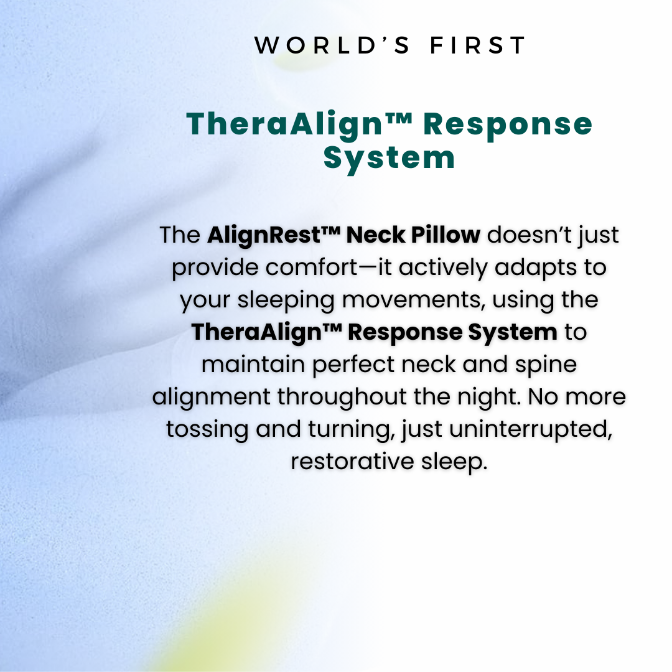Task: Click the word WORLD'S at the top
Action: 332,45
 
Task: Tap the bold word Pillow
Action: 446,235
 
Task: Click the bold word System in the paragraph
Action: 513,333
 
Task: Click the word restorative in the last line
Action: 352,462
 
